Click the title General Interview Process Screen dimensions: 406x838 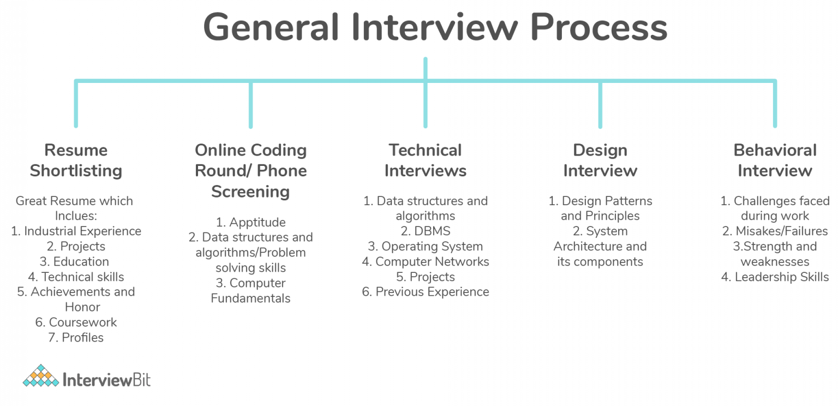(435, 27)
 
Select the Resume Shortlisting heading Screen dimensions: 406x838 (76, 160)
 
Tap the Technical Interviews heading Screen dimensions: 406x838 (425, 160)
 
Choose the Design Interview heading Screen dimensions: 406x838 (600, 160)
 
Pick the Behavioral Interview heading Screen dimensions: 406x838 (775, 160)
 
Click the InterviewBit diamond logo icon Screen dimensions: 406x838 (40, 376)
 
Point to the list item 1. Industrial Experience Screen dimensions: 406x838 (76, 231)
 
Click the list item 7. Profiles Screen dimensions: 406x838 (76, 337)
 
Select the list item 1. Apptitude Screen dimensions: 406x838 (250, 222)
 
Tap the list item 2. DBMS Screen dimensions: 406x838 (425, 231)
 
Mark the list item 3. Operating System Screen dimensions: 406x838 (425, 246)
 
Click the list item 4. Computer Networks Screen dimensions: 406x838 (425, 261)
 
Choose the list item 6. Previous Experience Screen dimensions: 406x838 (425, 292)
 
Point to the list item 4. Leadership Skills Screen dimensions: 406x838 (775, 277)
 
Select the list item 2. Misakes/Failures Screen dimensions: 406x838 (775, 231)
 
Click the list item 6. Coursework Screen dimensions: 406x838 (76, 322)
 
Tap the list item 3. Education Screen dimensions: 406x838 (76, 261)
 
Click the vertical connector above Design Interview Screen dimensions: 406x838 (600, 105)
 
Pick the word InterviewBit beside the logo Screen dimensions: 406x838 (106, 379)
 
